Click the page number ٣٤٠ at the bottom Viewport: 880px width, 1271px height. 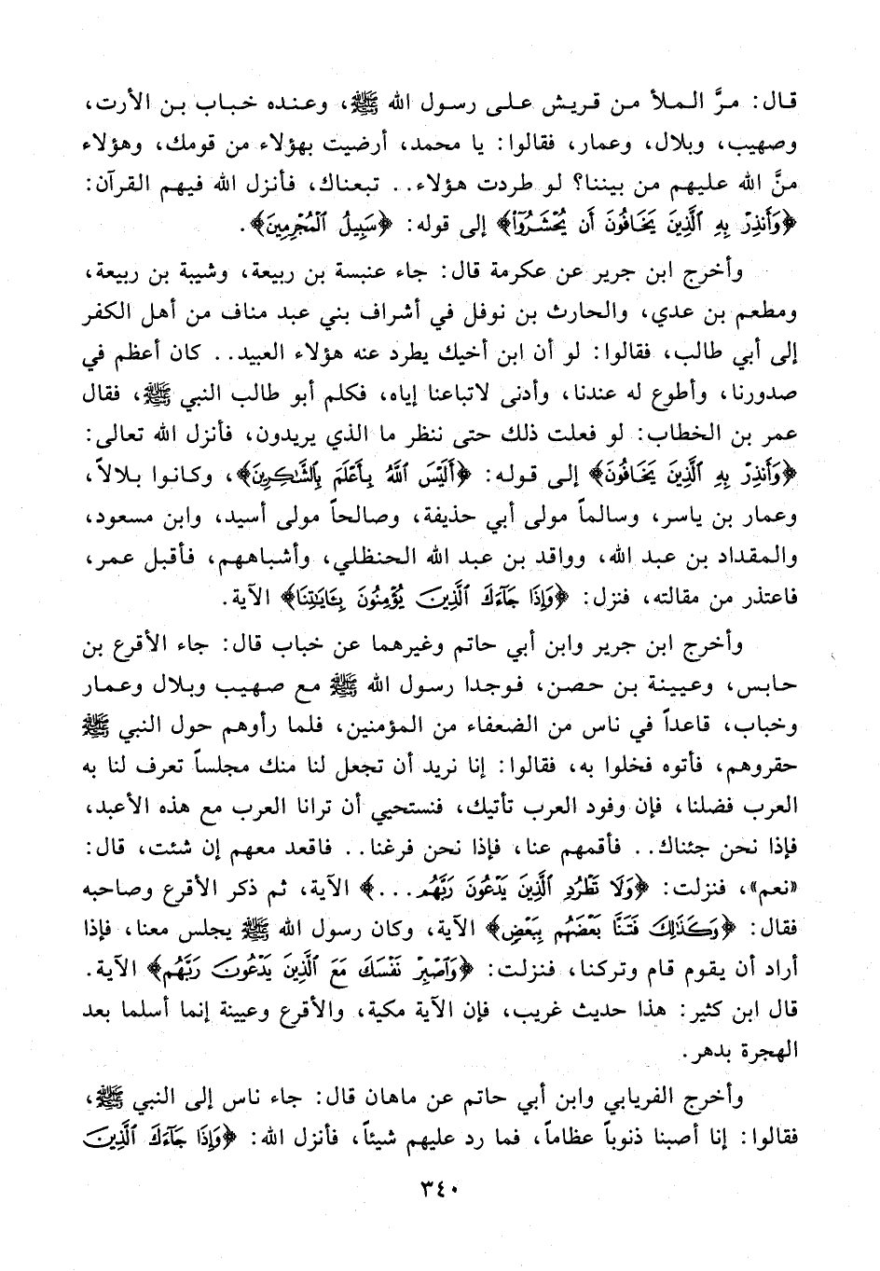(x=440, y=1189)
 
